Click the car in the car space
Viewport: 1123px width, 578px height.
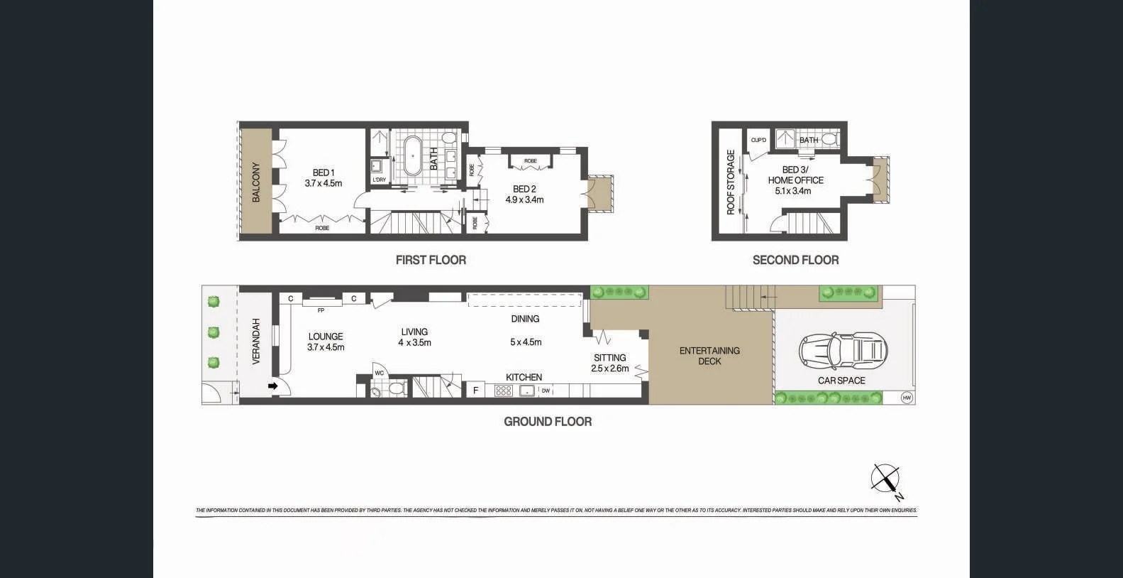tap(842, 350)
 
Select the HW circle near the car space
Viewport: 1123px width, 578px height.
tap(906, 398)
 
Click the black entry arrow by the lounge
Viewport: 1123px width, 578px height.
tap(273, 386)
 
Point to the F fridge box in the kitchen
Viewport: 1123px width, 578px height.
tap(476, 390)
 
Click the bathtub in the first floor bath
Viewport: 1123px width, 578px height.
tap(412, 156)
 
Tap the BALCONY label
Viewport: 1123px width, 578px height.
tap(256, 182)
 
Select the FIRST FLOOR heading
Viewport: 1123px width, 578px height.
tap(431, 260)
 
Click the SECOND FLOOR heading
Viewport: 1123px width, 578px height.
tap(795, 260)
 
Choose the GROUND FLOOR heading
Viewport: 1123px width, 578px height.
tap(547, 421)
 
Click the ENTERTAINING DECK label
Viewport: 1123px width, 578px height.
tap(709, 356)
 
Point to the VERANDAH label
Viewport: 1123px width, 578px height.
tap(256, 342)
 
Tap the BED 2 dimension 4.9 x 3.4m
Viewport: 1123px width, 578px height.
tap(524, 200)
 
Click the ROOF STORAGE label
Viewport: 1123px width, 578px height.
tap(730, 182)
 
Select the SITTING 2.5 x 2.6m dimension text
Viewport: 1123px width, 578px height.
tap(609, 369)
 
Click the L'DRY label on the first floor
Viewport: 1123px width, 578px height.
tap(379, 180)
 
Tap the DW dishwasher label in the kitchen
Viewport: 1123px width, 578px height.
tap(546, 391)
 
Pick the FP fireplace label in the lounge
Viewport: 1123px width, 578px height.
tap(321, 310)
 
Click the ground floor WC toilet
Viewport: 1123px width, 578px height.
tap(395, 389)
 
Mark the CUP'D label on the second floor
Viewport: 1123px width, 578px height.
tap(758, 141)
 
